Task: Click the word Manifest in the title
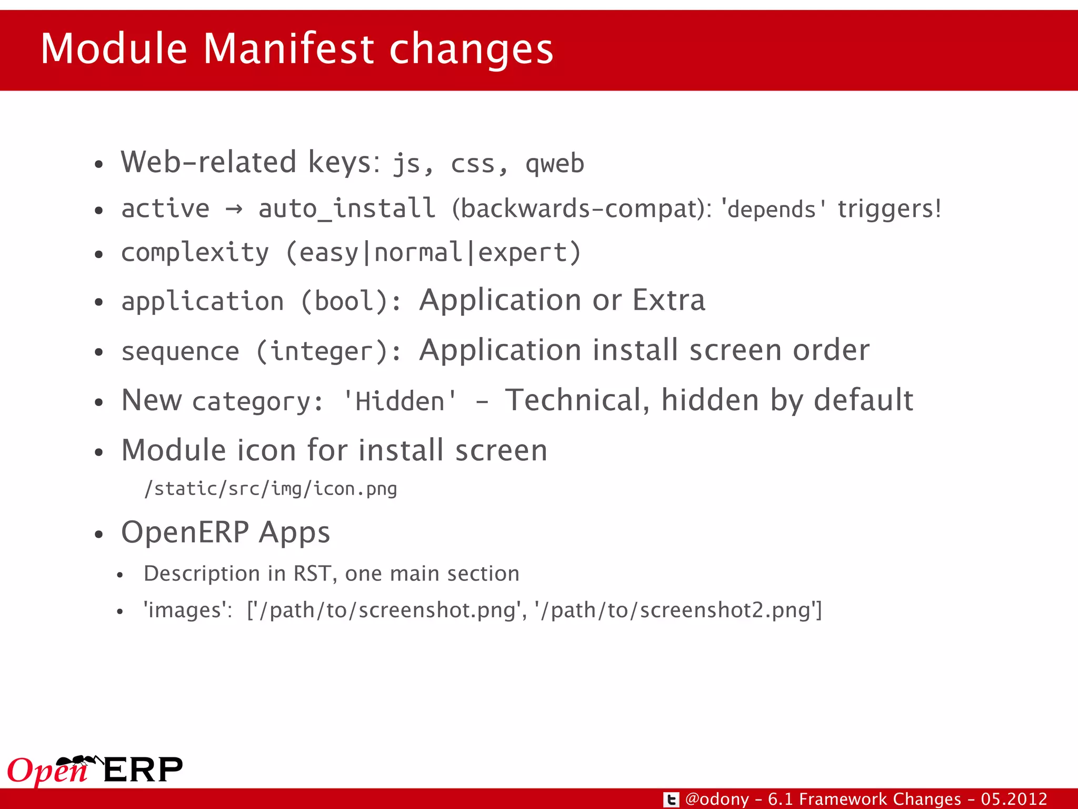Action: coord(288,48)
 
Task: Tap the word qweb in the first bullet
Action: coord(555,163)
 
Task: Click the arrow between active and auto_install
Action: coord(234,209)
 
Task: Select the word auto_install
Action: coord(347,209)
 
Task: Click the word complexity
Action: coord(195,253)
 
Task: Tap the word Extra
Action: coord(668,300)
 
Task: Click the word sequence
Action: coord(180,351)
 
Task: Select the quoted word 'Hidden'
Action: coord(400,401)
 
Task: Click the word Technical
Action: coord(577,400)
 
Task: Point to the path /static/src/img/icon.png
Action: coord(271,489)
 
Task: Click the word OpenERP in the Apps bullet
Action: coord(185,532)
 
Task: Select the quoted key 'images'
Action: coord(187,610)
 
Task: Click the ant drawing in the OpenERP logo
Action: coord(79,761)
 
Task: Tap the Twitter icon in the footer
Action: coord(671,800)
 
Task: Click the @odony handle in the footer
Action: coord(717,799)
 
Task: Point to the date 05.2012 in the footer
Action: coord(1014,799)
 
